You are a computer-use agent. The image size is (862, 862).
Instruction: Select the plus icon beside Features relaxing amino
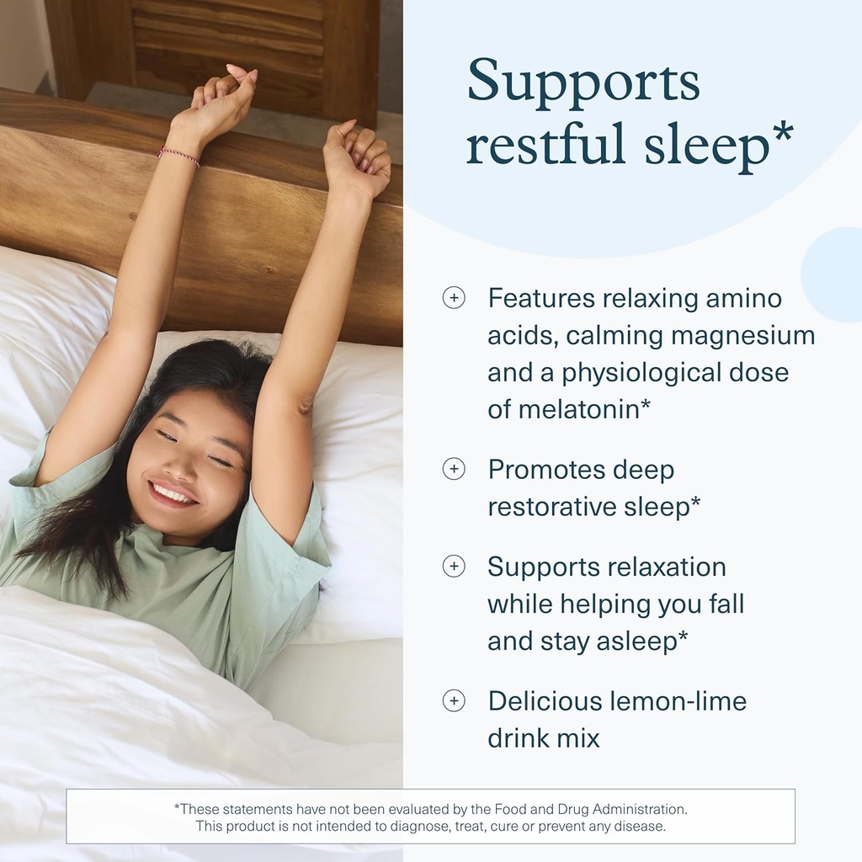(454, 298)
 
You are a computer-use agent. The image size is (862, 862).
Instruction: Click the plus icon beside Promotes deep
(454, 470)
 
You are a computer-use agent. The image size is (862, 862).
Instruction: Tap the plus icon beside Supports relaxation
(454, 567)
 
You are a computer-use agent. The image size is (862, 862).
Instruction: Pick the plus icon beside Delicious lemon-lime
(454, 700)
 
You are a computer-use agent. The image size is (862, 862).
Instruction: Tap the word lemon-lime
(676, 700)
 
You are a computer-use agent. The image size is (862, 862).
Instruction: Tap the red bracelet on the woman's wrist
(178, 155)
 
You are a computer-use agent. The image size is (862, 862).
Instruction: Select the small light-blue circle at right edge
(833, 274)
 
